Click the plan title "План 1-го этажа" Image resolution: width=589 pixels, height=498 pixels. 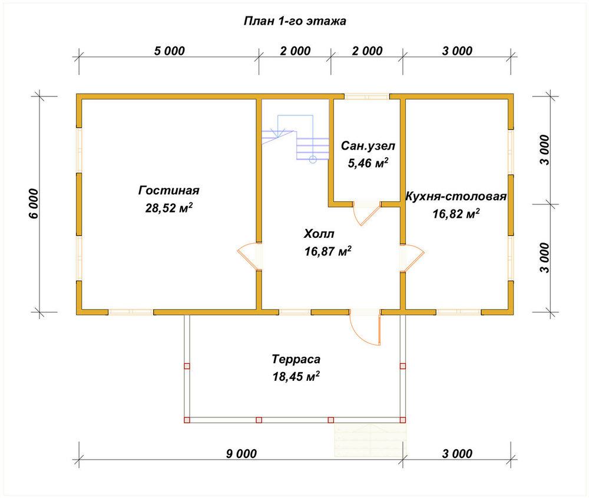click(295, 21)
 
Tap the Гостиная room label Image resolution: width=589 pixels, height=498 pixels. click(168, 190)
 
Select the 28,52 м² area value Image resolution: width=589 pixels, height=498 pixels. click(169, 208)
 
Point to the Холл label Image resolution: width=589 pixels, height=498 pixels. click(319, 234)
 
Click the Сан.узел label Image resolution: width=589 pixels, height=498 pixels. click(368, 145)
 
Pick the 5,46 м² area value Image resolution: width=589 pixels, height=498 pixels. click(368, 163)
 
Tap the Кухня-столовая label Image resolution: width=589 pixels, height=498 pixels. click(456, 196)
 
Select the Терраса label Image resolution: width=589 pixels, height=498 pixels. click(296, 359)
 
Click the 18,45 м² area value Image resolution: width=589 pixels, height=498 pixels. click(296, 376)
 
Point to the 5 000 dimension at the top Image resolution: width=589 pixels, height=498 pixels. click(170, 51)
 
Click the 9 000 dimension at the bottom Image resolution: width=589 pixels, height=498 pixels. click(241, 454)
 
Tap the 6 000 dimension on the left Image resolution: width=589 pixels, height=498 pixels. click(34, 204)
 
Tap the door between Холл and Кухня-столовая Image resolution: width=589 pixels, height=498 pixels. click(412, 258)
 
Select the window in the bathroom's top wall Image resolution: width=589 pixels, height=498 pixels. click(366, 97)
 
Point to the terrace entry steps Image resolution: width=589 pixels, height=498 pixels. click(370, 440)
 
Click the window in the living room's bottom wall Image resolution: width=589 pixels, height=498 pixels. click(131, 312)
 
